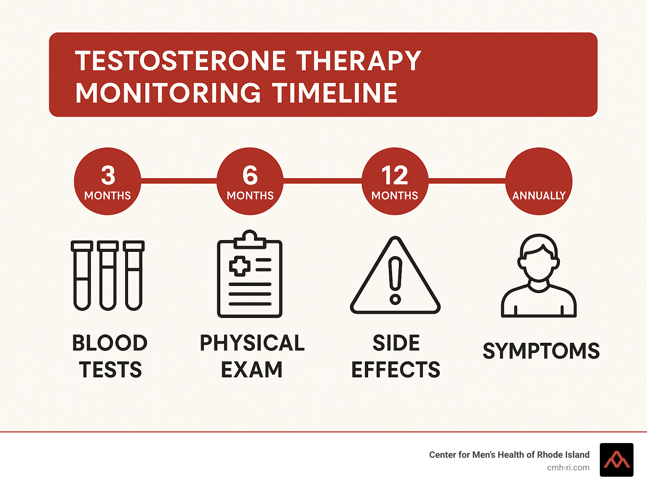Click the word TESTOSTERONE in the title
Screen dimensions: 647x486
click(180, 61)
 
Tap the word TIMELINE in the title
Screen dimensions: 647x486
click(334, 93)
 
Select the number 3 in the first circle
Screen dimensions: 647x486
click(108, 175)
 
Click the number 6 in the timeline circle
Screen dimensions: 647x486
click(250, 175)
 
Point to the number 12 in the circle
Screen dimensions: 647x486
click(395, 175)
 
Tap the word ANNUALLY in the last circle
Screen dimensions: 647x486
click(539, 195)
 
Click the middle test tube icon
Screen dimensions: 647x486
click(108, 275)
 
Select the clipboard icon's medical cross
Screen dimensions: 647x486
click(240, 266)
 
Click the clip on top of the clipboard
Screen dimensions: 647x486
click(250, 239)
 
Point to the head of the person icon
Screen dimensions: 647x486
click(538, 258)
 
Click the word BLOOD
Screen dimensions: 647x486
click(110, 343)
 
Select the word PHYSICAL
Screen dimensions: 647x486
click(252, 343)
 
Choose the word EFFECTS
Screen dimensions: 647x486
click(396, 369)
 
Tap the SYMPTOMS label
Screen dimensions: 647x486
click(541, 351)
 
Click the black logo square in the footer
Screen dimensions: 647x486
click(617, 460)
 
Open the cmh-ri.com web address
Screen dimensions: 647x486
click(568, 468)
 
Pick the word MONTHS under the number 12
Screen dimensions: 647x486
click(395, 195)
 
